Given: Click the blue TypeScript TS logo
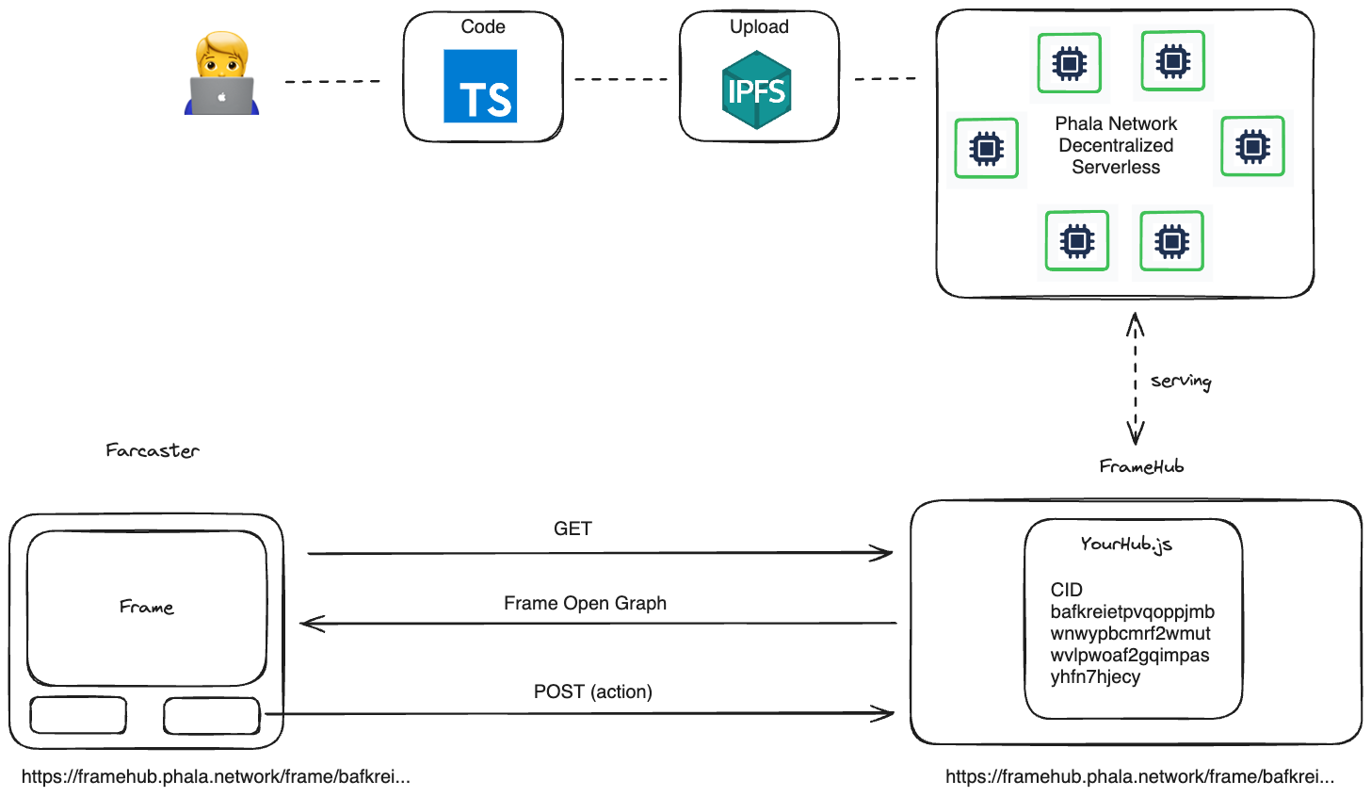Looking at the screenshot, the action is (480, 86).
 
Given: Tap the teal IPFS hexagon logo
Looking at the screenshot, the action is (756, 89).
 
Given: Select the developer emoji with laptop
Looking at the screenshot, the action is (221, 73).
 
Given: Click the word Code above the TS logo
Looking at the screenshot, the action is (483, 26).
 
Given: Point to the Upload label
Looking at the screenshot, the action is (759, 27).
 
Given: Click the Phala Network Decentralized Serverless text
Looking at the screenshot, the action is (1116, 145).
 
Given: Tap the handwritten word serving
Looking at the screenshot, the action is (1181, 382).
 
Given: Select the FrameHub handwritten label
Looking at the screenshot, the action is (1141, 466).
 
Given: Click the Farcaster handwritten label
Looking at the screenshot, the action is (153, 450).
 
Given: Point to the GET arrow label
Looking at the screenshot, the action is (573, 529).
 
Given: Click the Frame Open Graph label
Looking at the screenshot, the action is (585, 603).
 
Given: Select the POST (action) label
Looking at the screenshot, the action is (593, 691).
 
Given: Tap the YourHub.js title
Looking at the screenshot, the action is (1126, 544).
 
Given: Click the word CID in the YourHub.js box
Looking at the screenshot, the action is (1066, 590).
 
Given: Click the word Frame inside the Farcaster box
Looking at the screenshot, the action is (146, 607).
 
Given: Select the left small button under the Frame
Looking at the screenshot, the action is (78, 715).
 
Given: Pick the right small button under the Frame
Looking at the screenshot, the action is (212, 716).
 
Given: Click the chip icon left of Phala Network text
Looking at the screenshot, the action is (987, 148).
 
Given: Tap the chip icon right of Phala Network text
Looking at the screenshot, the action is (1253, 146).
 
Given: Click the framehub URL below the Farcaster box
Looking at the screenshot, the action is (216, 777).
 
